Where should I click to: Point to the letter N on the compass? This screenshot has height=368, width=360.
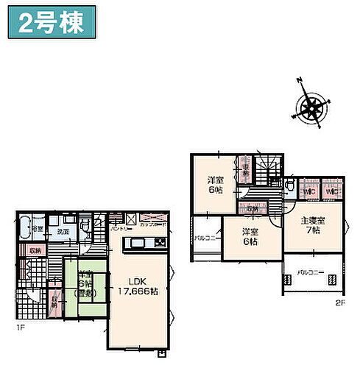click(x=300, y=80)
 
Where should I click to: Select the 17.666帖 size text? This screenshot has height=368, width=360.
click(x=138, y=291)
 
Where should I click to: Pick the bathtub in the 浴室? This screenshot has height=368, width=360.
click(x=24, y=225)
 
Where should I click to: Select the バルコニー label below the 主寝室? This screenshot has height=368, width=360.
click(x=311, y=272)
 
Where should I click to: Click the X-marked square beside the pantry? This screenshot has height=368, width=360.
click(x=130, y=219)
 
